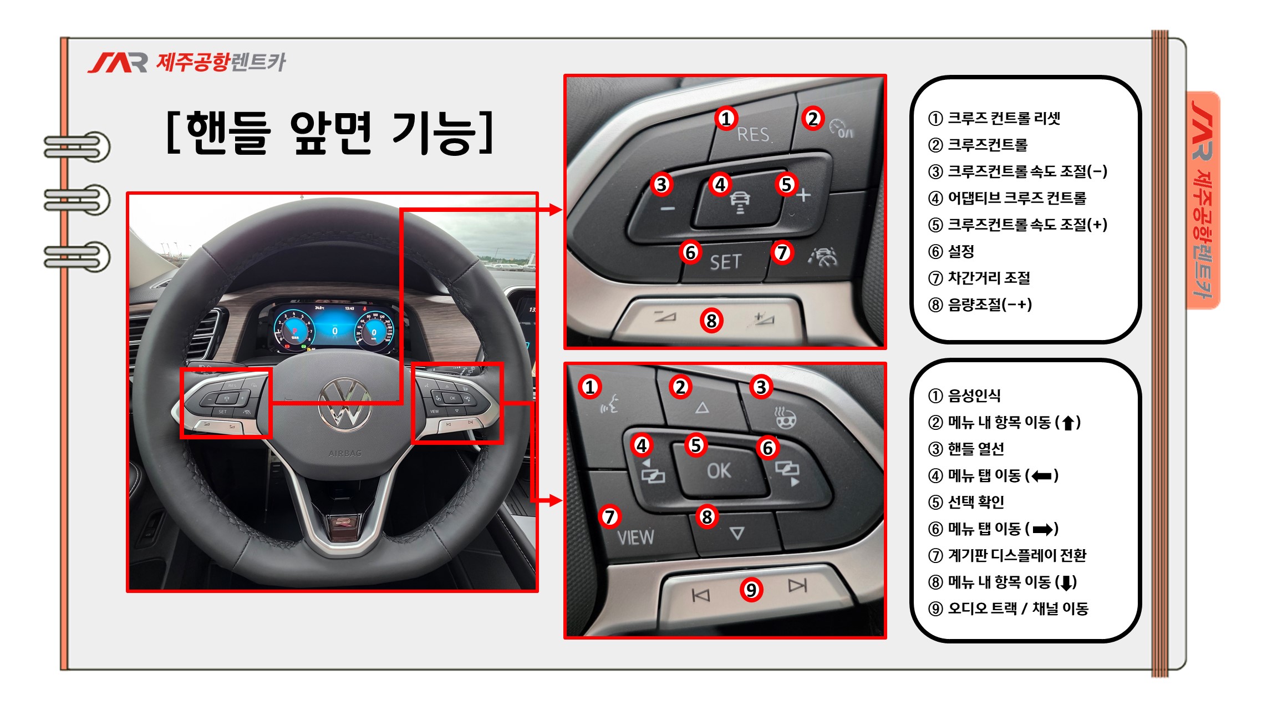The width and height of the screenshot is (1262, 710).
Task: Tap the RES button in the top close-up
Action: [x=753, y=134]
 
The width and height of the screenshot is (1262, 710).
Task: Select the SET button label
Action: [x=725, y=262]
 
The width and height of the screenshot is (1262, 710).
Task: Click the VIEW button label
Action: [x=635, y=537]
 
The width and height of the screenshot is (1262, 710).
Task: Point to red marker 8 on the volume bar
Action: [x=711, y=320]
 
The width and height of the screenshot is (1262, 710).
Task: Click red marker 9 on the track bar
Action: [x=751, y=589]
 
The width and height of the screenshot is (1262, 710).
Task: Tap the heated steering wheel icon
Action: [x=784, y=417]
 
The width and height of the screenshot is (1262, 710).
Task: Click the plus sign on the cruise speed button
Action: [x=803, y=195]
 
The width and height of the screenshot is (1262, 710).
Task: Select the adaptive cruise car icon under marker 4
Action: [x=740, y=203]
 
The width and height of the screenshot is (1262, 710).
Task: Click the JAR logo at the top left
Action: [x=118, y=63]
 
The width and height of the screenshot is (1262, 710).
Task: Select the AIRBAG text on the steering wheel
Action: [x=345, y=453]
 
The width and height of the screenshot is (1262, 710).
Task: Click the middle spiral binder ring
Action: [x=78, y=200]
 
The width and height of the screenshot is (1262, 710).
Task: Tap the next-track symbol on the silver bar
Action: [x=797, y=586]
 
